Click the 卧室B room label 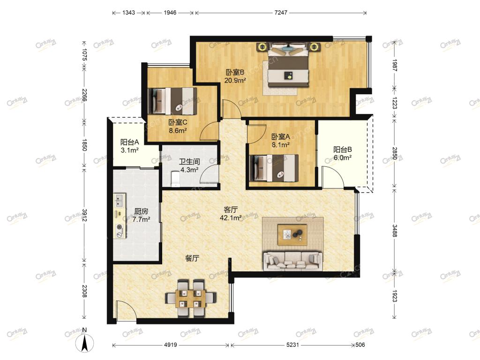pos(235,73)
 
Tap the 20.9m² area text pos(235,81)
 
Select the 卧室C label pos(178,123)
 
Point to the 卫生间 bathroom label pos(189,162)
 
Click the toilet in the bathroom pos(175,179)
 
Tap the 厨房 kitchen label pos(141,211)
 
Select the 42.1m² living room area pos(231,217)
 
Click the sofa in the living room pos(292,261)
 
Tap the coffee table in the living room pos(292,235)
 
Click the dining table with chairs pos(191,298)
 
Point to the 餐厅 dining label pos(192,258)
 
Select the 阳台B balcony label pos(342,150)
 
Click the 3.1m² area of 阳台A pos(129,150)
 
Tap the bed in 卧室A pos(274,168)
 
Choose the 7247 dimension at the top pos(281,13)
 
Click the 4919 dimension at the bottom pos(171,345)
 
